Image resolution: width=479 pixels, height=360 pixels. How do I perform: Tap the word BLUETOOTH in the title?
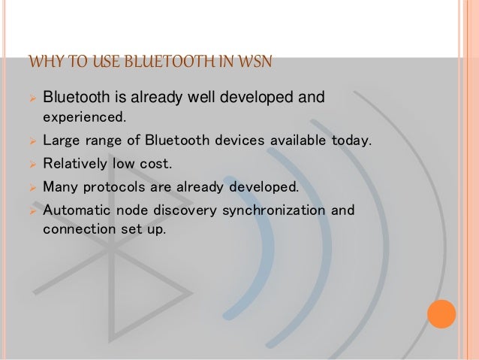160,61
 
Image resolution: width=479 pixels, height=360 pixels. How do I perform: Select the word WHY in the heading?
40,61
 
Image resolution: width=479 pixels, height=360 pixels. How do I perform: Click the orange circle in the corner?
441,313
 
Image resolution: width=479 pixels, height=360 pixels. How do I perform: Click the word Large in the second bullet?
61,140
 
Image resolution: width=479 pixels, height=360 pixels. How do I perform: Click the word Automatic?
74,210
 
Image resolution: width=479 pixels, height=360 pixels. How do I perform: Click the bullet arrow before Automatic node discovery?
32,210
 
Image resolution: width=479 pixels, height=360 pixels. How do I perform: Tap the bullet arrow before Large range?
32,141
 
